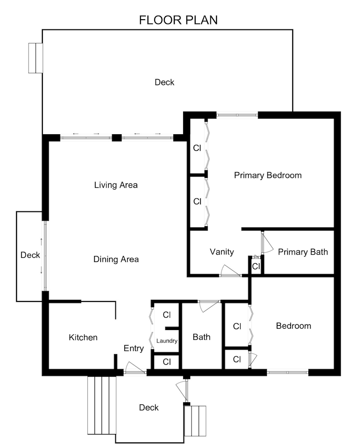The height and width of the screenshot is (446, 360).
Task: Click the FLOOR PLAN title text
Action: tap(178, 20)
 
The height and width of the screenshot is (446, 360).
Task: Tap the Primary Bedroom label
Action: tap(268, 175)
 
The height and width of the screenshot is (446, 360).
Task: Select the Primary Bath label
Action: tap(303, 252)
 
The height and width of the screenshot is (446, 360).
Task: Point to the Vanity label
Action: tap(222, 252)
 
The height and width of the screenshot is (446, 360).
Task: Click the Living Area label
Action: tap(116, 185)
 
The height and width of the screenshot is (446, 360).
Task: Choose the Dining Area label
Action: tap(116, 259)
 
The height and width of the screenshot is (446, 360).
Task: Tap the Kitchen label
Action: tap(83, 338)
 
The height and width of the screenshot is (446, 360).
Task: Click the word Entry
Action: tap(134, 348)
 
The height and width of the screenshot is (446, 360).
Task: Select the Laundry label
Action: tap(167, 341)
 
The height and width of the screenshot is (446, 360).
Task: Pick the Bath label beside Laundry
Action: tap(201, 338)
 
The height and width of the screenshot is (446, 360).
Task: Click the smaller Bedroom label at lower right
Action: tap(294, 326)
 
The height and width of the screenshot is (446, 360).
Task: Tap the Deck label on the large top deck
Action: tap(164, 82)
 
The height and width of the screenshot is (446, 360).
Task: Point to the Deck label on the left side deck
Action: tap(30, 256)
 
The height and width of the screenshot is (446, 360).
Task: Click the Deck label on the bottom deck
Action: tap(149, 408)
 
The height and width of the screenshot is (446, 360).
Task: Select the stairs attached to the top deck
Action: tap(35, 58)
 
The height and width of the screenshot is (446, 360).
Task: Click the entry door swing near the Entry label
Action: tap(134, 368)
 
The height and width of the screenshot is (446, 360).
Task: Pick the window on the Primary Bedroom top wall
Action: tap(237, 115)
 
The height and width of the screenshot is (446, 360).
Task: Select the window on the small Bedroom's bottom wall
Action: tap(287, 372)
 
